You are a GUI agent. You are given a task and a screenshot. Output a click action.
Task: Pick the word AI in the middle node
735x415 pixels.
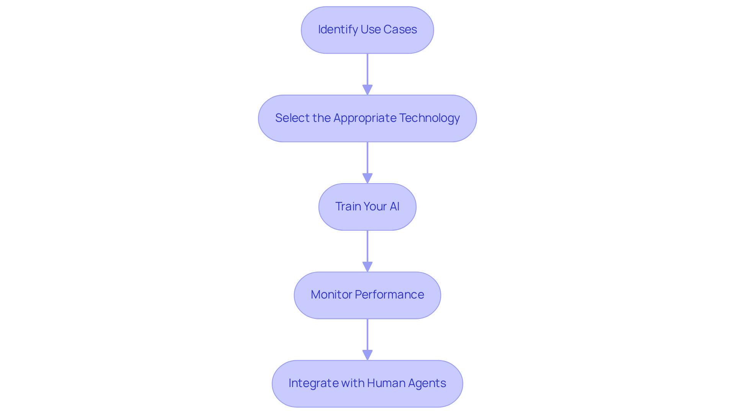click(394, 207)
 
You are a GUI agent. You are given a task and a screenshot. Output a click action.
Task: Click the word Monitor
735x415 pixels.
click(331, 295)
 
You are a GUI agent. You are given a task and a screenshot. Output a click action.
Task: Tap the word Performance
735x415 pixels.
click(389, 295)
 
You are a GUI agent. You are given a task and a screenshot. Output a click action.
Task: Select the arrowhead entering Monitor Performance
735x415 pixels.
click(367, 267)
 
